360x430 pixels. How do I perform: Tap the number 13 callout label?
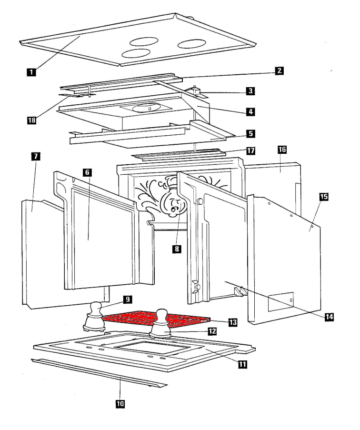(233, 322)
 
